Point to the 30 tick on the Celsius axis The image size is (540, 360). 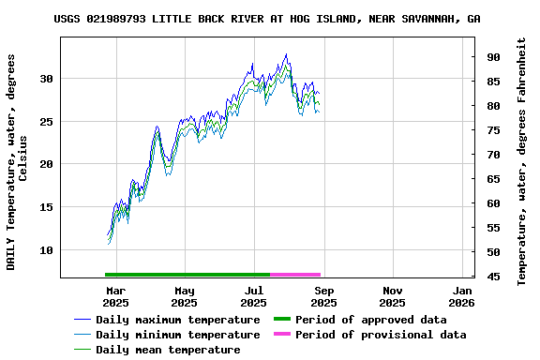point(46,78)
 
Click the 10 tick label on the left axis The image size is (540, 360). point(46,250)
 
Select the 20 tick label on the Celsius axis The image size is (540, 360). point(46,164)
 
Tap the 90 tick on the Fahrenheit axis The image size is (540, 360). point(492,57)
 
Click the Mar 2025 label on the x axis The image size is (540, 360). point(115,296)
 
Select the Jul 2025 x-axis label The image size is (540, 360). point(254,296)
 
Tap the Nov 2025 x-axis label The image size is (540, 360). point(393,296)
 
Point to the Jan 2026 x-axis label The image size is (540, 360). point(461,296)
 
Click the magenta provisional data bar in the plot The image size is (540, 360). point(295,275)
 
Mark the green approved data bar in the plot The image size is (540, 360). point(187,275)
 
